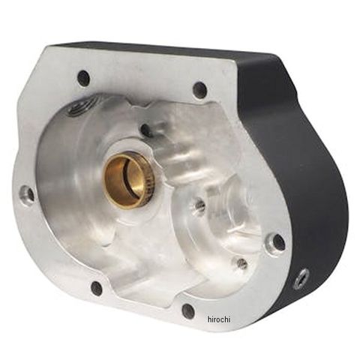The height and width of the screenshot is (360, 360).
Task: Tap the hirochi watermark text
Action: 219,319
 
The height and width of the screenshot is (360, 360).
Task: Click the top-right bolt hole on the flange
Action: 200,89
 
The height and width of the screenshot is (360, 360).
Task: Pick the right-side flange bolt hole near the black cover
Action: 278,242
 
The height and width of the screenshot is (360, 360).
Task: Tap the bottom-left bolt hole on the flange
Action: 97,288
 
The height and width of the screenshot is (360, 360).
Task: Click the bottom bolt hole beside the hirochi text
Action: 188,310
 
